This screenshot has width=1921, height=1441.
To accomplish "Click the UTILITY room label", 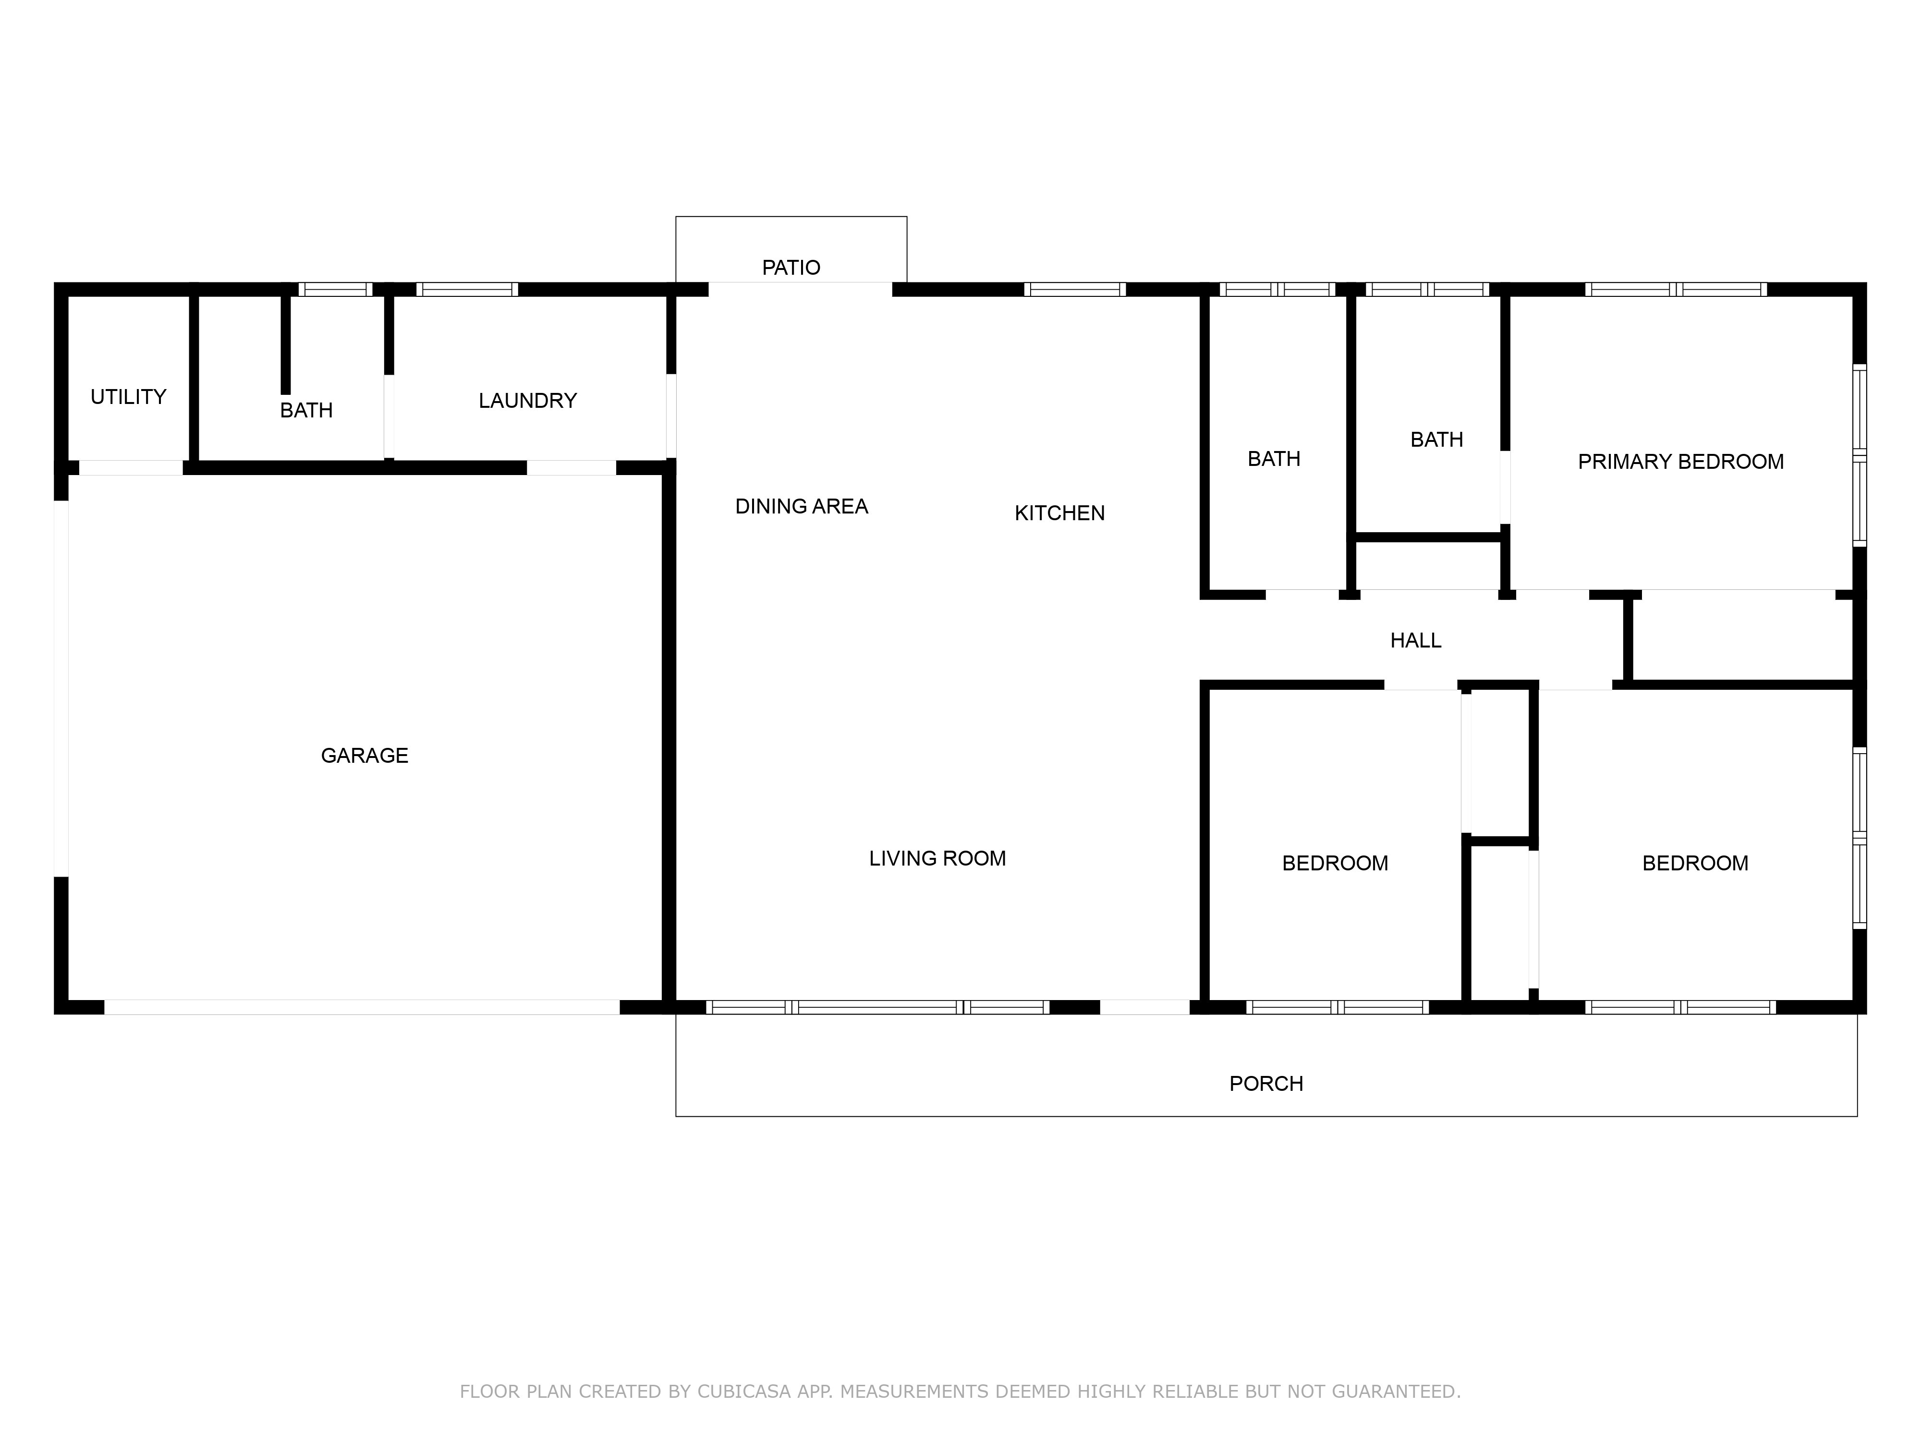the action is [x=129, y=397].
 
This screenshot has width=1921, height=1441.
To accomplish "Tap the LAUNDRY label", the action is [x=528, y=401].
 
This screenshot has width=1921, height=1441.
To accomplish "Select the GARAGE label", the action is [x=365, y=756].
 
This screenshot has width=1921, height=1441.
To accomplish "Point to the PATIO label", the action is [x=791, y=268].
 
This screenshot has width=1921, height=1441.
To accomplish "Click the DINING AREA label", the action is [x=802, y=506].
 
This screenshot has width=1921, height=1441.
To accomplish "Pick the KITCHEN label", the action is [x=1059, y=513].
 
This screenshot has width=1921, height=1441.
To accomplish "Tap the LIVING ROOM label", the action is [x=938, y=858].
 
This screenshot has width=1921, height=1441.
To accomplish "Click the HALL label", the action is [x=1416, y=640].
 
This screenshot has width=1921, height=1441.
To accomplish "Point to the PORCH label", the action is [x=1266, y=1084].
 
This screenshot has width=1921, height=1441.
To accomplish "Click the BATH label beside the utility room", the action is [x=306, y=410].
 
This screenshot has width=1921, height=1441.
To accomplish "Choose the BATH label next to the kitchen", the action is [x=1274, y=459].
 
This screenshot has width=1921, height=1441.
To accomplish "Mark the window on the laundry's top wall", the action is [x=467, y=289].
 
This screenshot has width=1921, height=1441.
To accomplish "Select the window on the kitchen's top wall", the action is [x=1075, y=289].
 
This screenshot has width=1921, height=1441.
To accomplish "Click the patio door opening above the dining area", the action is [x=800, y=289].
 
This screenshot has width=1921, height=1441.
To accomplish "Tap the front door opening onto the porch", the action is [x=1144, y=1008].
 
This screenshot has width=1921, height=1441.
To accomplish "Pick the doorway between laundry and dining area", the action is [x=671, y=415].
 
